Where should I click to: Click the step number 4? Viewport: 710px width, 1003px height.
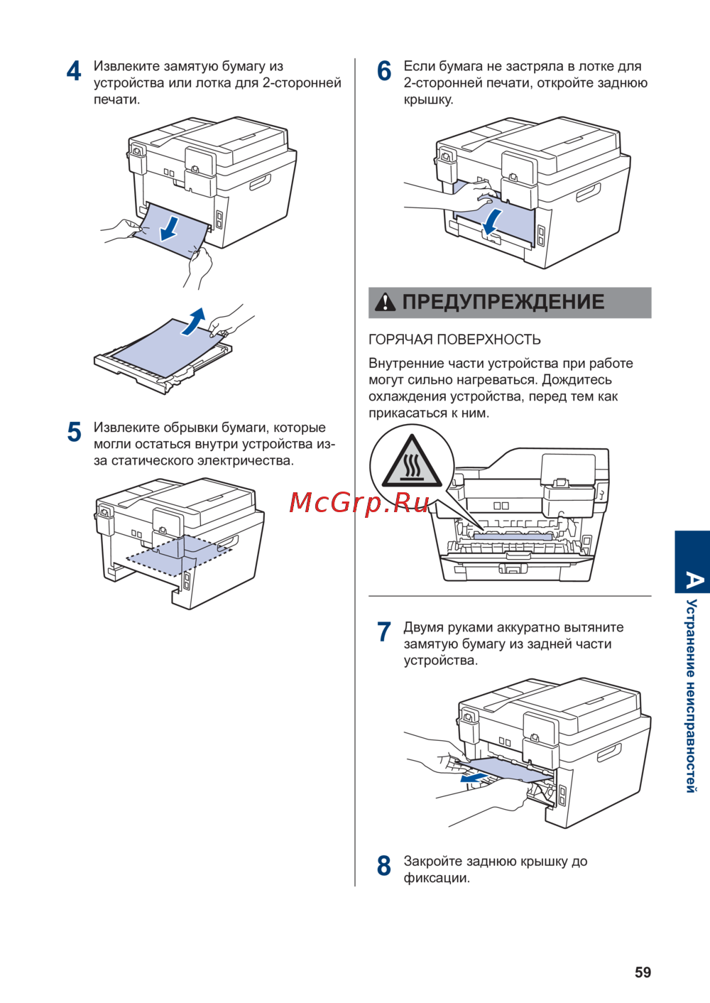pos(74,71)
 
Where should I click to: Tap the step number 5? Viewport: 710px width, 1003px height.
pos(74,432)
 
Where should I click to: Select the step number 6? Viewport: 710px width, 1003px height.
pos(384,71)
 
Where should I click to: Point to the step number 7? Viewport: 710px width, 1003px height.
pos(384,631)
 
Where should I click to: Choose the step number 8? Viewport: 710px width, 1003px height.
pos(384,866)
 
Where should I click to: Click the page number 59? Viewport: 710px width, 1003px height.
pos(643,972)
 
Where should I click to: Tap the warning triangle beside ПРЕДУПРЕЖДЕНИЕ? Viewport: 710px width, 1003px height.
pos(385,303)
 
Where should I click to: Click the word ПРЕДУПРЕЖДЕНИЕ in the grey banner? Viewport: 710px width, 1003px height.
pos(503,302)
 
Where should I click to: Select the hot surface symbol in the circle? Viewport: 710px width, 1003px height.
pos(411,465)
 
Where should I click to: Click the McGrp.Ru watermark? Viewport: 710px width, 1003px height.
pos(359,502)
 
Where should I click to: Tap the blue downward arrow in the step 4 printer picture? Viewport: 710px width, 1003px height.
pos(170,227)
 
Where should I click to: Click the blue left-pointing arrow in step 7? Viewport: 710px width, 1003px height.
pos(474,778)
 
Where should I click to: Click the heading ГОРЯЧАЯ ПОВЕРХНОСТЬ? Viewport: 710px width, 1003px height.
pos(454,340)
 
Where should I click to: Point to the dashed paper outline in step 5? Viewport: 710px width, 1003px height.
pos(177,554)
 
